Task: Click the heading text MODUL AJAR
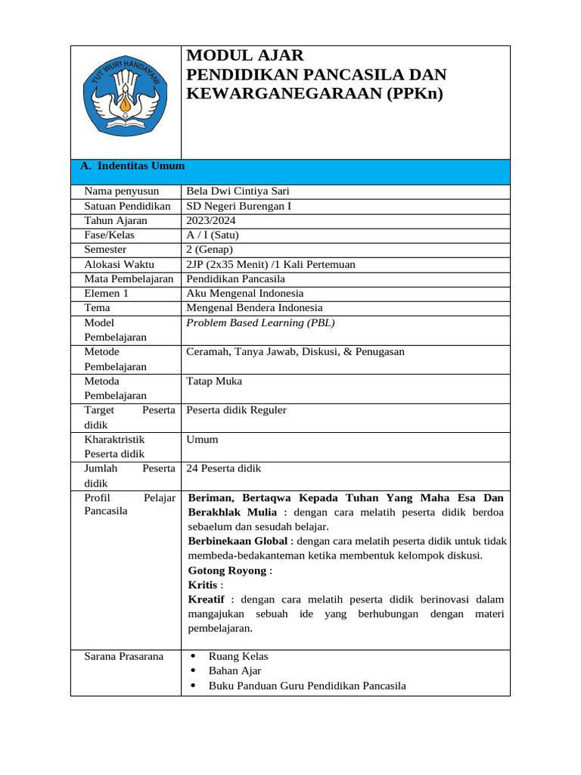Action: (x=244, y=55)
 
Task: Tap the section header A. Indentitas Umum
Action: (x=132, y=166)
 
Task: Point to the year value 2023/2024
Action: (x=210, y=220)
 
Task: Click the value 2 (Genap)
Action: (x=210, y=249)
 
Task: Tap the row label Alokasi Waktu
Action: (x=119, y=264)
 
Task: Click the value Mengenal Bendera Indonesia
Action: (x=254, y=307)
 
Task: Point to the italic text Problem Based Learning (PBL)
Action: (x=260, y=322)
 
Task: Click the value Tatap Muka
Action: (x=214, y=381)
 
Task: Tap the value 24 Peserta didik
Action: (x=223, y=468)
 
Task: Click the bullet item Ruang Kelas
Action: (x=238, y=656)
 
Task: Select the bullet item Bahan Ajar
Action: (x=235, y=671)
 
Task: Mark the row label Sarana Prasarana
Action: (x=123, y=656)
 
